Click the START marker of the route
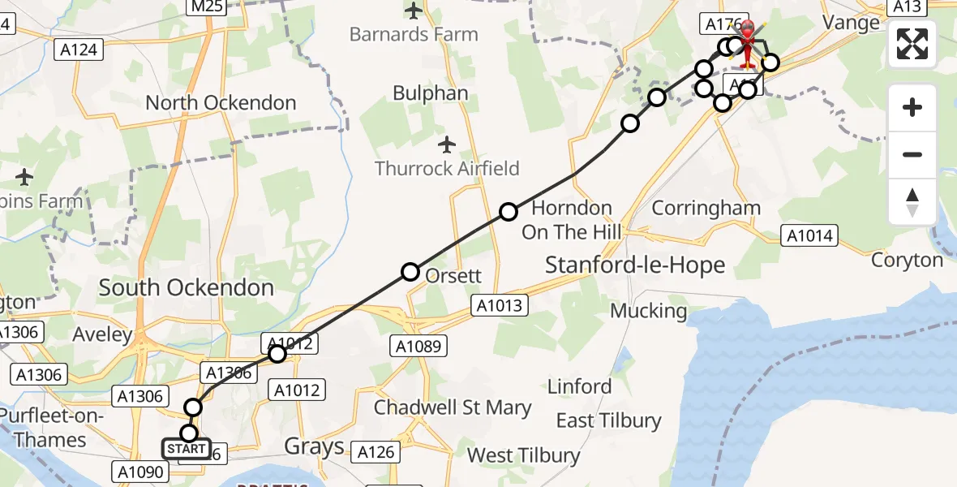tap(187, 449)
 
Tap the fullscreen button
tap(912, 44)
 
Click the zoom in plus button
tap(912, 107)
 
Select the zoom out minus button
tap(912, 154)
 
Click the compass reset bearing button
tap(912, 201)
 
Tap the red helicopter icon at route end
tap(746, 41)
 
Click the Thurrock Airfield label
tap(447, 169)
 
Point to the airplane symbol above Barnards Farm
tap(414, 11)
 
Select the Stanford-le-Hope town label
tap(635, 265)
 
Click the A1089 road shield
tap(418, 347)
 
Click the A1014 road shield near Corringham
tap(808, 235)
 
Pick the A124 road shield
tap(79, 50)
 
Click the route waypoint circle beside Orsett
tap(410, 272)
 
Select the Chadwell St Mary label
tap(453, 407)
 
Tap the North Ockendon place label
tap(221, 103)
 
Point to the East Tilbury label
tap(608, 420)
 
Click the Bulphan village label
tap(431, 93)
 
